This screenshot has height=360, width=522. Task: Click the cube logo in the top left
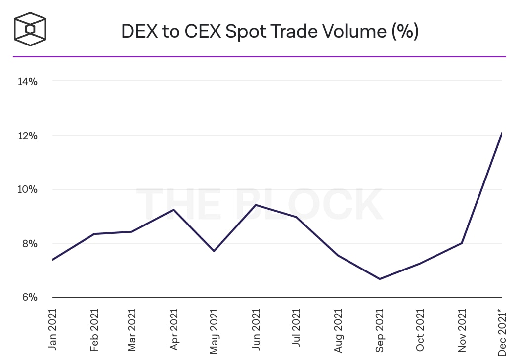(30, 29)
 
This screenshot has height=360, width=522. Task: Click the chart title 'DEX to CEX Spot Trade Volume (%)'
(270, 31)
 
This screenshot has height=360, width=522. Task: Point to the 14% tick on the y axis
(27, 82)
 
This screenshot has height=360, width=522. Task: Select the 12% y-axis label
(27, 136)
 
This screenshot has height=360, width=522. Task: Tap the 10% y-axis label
(27, 190)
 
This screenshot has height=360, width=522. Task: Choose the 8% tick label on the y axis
(28, 244)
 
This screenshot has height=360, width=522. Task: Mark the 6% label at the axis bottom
(28, 298)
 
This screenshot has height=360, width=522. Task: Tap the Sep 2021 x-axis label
(379, 330)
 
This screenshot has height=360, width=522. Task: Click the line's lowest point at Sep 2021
(379, 279)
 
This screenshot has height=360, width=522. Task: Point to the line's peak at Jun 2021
(256, 205)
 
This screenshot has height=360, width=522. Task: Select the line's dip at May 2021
(214, 251)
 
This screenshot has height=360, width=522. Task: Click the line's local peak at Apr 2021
(174, 209)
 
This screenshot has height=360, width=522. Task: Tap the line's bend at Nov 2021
(461, 243)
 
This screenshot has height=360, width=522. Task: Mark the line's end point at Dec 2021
(502, 133)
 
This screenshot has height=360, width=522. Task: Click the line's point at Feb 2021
(94, 234)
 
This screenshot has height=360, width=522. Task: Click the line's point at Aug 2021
(338, 255)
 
